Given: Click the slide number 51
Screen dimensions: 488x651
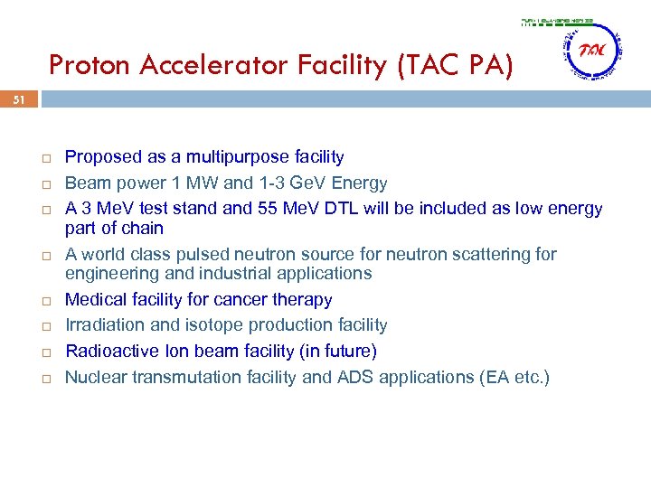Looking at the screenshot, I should (x=20, y=102).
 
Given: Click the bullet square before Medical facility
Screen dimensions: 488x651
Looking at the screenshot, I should (x=45, y=300).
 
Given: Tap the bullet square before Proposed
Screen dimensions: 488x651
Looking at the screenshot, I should (x=45, y=158).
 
